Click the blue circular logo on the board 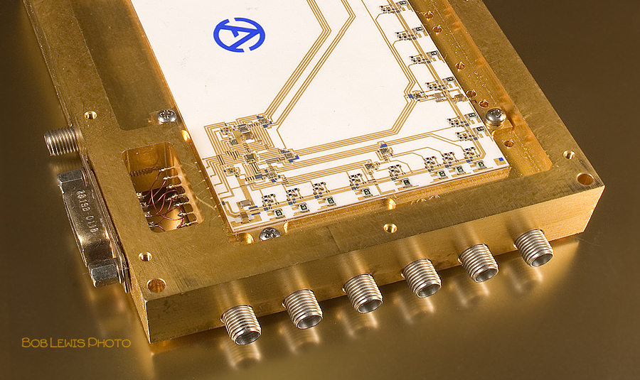(x=239, y=34)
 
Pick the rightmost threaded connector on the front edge (x=533, y=248)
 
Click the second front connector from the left (x=302, y=308)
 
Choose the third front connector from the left (x=363, y=293)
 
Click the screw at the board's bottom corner (x=270, y=233)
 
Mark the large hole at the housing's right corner (x=585, y=178)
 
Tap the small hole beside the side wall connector (x=90, y=114)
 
